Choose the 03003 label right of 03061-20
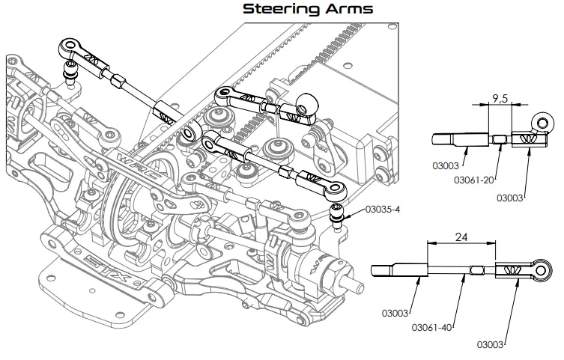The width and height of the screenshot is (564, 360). click(x=512, y=198)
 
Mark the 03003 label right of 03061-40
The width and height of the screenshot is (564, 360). click(x=491, y=345)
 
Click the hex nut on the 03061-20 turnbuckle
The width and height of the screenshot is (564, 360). click(x=500, y=138)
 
